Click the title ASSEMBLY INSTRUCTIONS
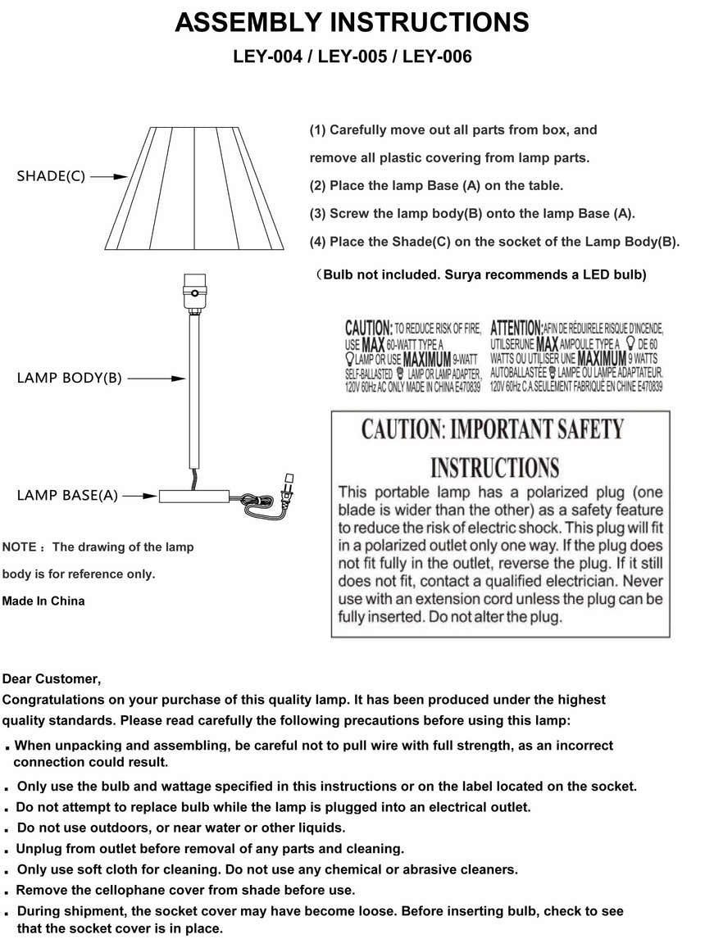coord(352,23)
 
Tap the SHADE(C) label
coord(51,176)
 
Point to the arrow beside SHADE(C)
coord(109,176)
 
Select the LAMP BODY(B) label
coord(69,379)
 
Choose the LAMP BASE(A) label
coord(67,496)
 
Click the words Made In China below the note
coord(43,601)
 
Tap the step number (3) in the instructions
coord(318,214)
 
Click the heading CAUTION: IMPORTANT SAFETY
coord(493,429)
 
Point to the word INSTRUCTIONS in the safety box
coord(494,468)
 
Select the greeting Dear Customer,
coord(52,678)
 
